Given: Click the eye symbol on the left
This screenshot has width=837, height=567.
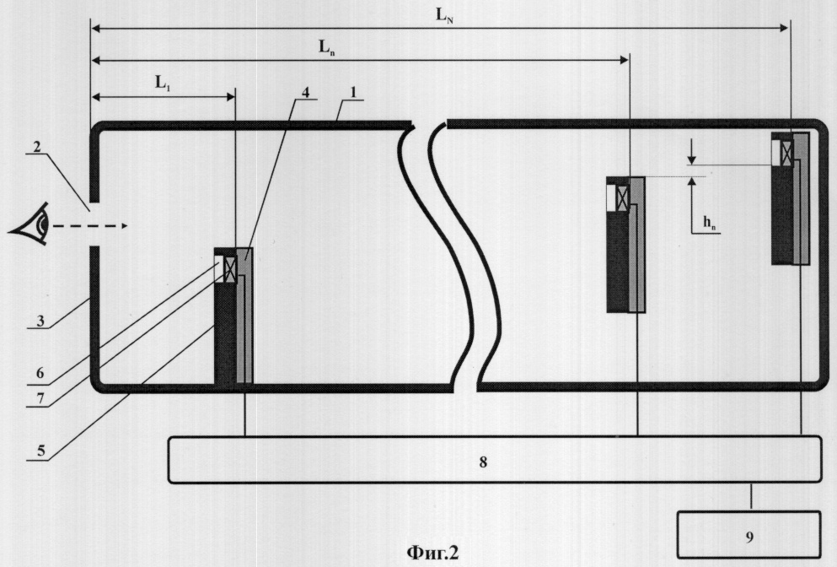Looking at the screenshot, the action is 29,224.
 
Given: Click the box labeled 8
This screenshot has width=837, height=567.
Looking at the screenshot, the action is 495,460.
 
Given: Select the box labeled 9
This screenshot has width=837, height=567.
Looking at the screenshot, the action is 749,535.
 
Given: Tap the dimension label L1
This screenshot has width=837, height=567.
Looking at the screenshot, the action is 163,84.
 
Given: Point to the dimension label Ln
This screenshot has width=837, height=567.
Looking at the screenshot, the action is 327,48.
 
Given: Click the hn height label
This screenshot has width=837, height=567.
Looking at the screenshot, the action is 710,224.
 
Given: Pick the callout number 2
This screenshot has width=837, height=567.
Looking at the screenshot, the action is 36,146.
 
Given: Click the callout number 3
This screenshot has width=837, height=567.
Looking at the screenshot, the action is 40,321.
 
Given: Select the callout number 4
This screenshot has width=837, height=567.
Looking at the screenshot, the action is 305,92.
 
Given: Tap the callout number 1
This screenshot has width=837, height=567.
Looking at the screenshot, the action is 353,92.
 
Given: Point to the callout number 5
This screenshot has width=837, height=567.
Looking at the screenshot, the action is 41,451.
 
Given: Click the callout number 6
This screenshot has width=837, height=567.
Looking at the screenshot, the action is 40,373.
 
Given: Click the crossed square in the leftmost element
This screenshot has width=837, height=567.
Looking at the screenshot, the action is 230,269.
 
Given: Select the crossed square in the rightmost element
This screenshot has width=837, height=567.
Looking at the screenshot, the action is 786,153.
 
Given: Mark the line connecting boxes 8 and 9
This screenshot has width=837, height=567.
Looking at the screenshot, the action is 752,497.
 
